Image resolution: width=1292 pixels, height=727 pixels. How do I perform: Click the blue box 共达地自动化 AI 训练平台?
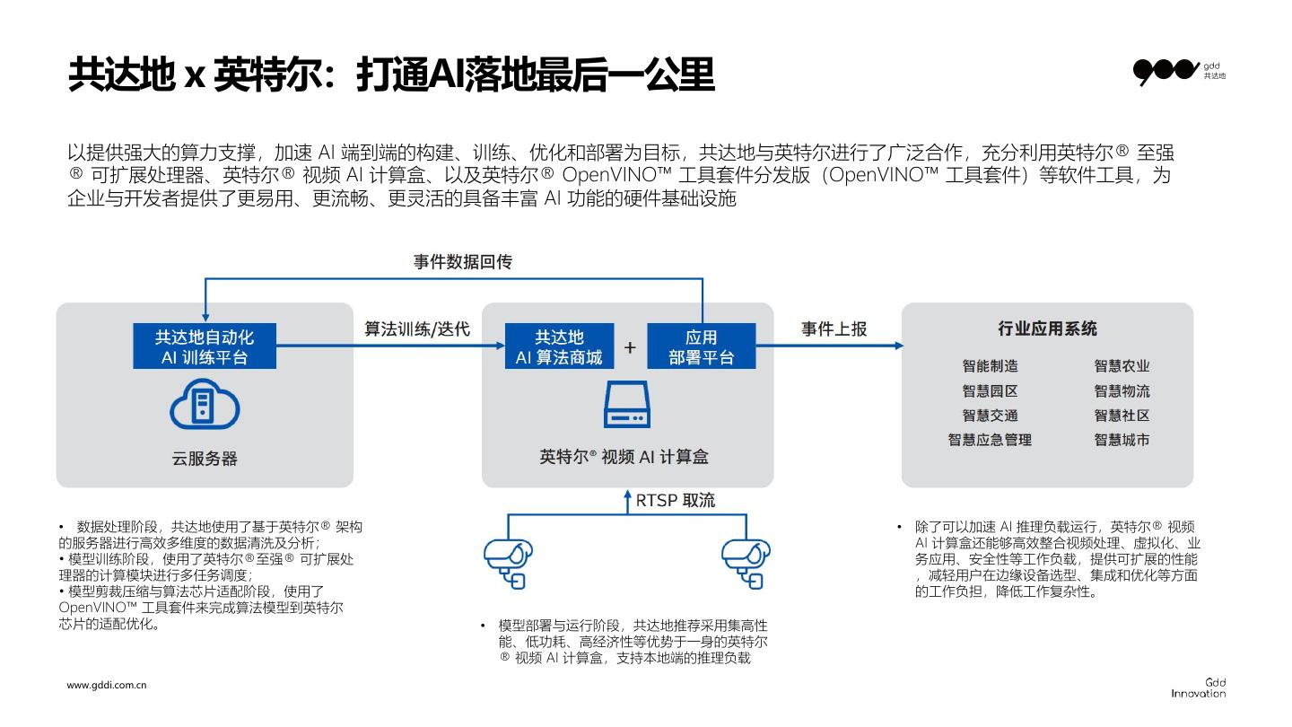(x=205, y=346)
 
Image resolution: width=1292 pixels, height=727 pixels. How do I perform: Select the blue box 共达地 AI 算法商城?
(x=559, y=346)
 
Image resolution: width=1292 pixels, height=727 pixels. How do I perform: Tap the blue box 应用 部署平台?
(x=702, y=346)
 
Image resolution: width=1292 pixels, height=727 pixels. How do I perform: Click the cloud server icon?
(x=205, y=405)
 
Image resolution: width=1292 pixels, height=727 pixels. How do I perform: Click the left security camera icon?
(x=509, y=562)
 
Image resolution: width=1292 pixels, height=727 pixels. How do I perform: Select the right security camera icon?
(x=746, y=562)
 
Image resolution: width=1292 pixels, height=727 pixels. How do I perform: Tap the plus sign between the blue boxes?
(x=630, y=347)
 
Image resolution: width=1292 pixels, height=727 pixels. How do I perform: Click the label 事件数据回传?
(x=463, y=262)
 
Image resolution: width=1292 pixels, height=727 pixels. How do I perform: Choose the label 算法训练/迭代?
(x=417, y=329)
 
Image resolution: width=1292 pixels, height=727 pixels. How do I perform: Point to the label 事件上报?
(x=834, y=329)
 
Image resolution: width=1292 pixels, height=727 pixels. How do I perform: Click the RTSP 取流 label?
(x=676, y=500)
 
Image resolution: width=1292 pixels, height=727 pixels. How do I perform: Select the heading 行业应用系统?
(x=1047, y=328)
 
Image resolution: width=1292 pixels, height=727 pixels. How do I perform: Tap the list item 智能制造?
(x=990, y=366)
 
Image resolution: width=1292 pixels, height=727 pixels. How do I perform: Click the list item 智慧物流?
(x=1122, y=391)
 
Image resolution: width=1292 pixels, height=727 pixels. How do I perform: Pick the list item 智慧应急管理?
(x=990, y=440)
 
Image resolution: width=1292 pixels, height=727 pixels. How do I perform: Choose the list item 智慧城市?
(x=1122, y=440)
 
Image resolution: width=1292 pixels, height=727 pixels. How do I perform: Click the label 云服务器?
(x=205, y=459)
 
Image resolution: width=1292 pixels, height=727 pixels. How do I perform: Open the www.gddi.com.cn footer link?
(x=107, y=685)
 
